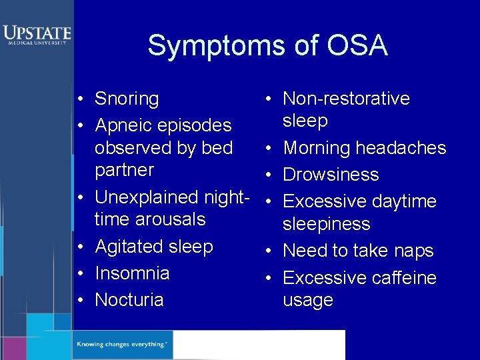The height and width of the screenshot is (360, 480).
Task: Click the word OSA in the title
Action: click(357, 46)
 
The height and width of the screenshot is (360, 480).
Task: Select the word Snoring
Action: click(127, 99)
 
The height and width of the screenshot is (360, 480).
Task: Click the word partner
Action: click(124, 170)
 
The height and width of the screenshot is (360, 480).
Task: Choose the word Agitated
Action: click(127, 247)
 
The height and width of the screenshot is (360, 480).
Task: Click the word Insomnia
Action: click(132, 273)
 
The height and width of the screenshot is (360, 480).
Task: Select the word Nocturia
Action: click(129, 300)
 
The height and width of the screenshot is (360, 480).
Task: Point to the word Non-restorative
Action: click(346, 99)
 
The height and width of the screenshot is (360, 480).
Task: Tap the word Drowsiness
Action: click(331, 175)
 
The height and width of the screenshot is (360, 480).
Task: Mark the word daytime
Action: click(404, 201)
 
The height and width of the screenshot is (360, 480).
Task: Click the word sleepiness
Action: click(326, 224)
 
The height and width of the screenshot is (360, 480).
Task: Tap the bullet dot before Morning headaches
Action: click(265, 148)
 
